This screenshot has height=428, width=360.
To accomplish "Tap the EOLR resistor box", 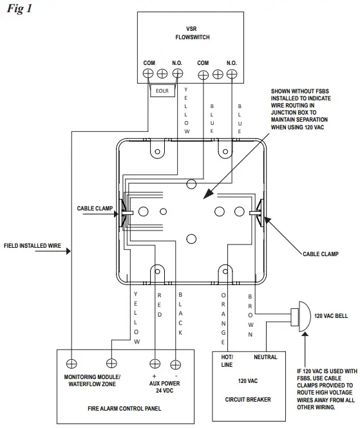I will pyautogui.click(x=160, y=91).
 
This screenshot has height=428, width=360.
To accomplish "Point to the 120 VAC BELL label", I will pyautogui.click(x=334, y=316).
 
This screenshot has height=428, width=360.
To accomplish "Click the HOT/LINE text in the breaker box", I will pyautogui.click(x=228, y=360).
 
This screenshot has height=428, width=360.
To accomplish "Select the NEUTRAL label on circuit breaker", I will pyautogui.click(x=265, y=357).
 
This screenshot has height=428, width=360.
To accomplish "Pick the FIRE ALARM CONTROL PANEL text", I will pyautogui.click(x=125, y=408).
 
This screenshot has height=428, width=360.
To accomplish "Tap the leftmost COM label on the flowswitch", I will pyautogui.click(x=149, y=62).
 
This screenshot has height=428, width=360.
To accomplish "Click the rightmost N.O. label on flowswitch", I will pyautogui.click(x=232, y=62).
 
